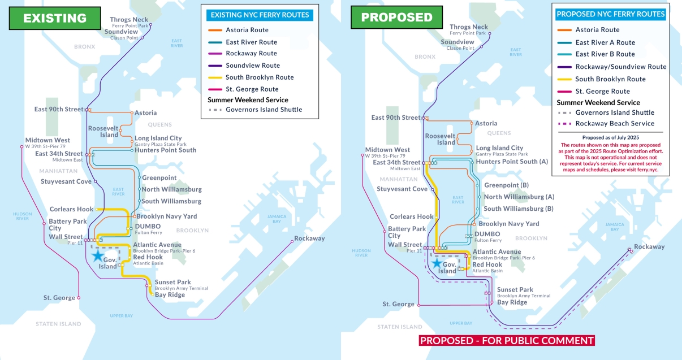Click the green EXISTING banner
[54, 18]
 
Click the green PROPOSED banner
[389, 18]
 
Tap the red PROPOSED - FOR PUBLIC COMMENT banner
[507, 340]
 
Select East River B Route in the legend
[605, 54]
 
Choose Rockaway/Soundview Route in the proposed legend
[620, 67]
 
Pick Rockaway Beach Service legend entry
[615, 124]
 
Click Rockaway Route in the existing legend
[251, 54]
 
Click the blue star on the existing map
[98, 255]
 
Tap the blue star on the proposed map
[437, 262]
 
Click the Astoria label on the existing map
[145, 113]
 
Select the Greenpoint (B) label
[506, 185]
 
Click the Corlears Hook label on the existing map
[71, 209]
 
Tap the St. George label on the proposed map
[398, 304]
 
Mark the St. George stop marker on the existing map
[79, 298]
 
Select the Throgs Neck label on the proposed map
[468, 27]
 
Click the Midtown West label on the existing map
[48, 140]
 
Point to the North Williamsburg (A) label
[519, 197]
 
